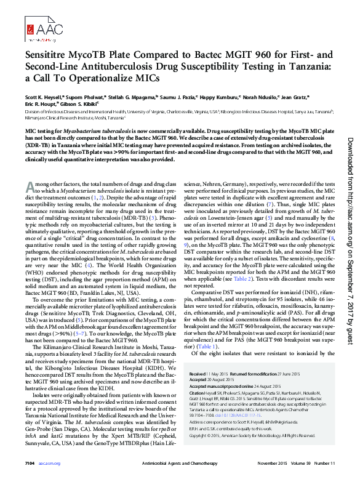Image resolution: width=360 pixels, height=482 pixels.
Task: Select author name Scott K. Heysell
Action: [x=44, y=98]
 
